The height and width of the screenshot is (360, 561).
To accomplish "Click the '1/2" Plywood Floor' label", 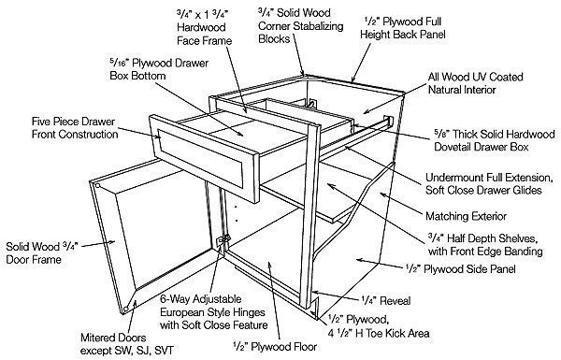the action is click(x=275, y=346).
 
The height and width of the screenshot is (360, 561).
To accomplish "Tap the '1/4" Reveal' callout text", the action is click(x=385, y=300).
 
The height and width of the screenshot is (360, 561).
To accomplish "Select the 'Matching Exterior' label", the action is click(x=466, y=216).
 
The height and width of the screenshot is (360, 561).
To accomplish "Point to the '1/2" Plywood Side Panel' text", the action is click(x=460, y=269).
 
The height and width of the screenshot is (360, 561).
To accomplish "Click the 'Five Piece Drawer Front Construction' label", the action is click(x=75, y=128).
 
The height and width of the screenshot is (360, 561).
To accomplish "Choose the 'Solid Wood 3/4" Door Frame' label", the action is click(x=42, y=252).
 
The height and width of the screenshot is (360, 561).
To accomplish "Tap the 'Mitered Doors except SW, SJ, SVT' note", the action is click(x=127, y=344).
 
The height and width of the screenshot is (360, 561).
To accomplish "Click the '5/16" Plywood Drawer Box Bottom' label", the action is click(x=159, y=69).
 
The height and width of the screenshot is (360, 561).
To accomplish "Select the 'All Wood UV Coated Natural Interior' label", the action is click(x=476, y=83).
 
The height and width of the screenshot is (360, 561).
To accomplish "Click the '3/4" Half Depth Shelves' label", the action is click(x=485, y=245).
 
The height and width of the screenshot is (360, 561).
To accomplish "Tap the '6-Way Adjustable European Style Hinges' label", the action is click(x=213, y=312).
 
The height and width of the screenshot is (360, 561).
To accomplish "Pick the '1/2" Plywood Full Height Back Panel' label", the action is click(x=402, y=28).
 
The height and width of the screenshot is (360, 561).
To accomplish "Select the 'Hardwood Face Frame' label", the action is click(x=204, y=27).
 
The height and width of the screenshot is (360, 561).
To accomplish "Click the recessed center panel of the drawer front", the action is click(x=201, y=158).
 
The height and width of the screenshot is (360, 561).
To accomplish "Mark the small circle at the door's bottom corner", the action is click(x=125, y=310).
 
